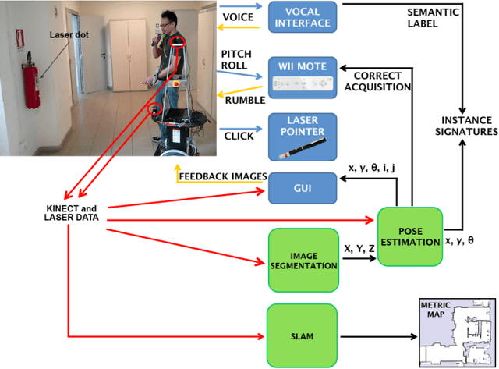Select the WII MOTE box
click(302, 77)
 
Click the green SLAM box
click(303, 336)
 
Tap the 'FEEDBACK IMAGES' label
click(222, 175)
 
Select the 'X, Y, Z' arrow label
click(358, 248)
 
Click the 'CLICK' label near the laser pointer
click(238, 135)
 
